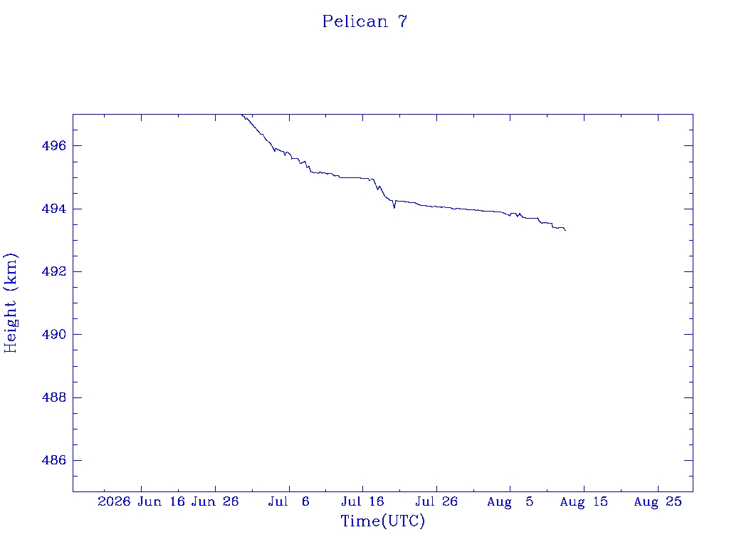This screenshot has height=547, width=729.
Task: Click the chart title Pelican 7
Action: (365, 21)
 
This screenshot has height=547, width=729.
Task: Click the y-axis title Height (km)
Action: (10, 303)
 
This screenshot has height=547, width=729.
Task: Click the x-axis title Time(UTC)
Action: (382, 521)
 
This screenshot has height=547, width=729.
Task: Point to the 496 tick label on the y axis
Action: (54, 146)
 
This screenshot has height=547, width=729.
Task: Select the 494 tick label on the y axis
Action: (54, 209)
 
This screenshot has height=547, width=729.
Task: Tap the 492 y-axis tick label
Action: (54, 271)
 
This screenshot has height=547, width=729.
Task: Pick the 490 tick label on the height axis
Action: (54, 335)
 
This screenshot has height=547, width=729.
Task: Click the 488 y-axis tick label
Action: (54, 397)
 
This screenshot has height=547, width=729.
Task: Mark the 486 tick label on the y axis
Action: (54, 461)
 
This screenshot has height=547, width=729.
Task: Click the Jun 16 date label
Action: (162, 502)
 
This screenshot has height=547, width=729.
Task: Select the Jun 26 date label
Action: (215, 502)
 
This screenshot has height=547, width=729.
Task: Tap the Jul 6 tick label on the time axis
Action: (289, 502)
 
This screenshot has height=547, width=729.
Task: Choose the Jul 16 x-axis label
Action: (362, 502)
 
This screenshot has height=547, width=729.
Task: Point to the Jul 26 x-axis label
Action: (436, 502)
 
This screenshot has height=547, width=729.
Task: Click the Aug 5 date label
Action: (510, 502)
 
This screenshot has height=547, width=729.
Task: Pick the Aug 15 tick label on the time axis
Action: (584, 502)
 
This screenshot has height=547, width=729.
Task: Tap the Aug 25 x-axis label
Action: (658, 502)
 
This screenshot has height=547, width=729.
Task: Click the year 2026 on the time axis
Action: (115, 502)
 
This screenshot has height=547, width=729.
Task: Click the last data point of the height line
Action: (565, 230)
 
